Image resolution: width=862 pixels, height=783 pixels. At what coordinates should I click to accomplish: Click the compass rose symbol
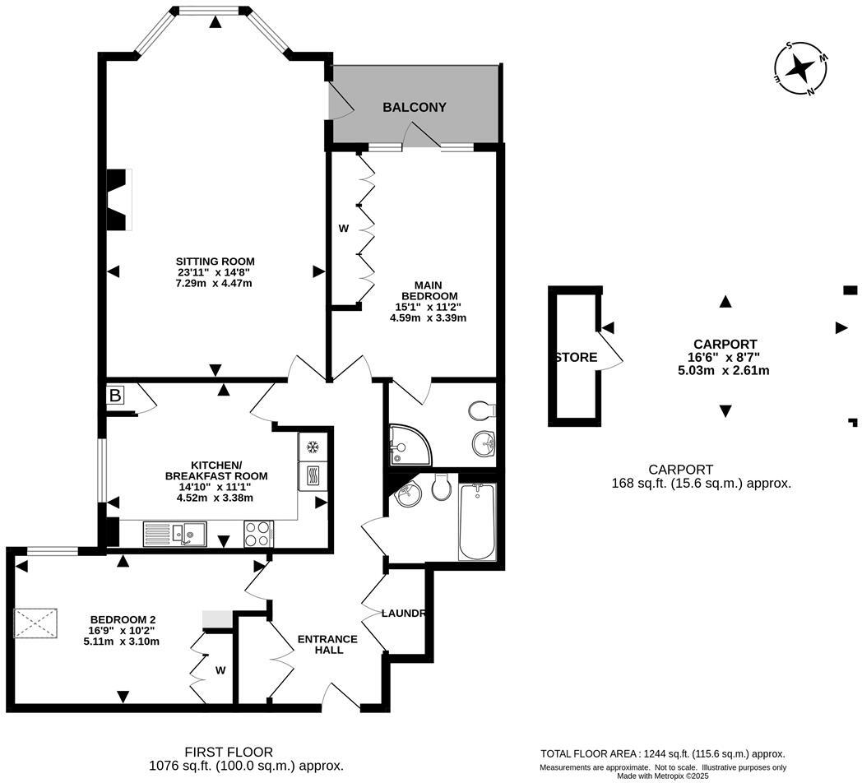click(800, 69)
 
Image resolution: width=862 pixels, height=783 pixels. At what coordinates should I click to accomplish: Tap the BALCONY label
click(415, 108)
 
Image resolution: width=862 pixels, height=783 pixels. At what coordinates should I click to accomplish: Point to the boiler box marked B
click(116, 396)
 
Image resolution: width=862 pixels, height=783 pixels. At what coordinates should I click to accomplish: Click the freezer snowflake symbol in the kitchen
click(313, 447)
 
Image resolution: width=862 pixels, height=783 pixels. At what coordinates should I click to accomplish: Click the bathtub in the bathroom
click(477, 521)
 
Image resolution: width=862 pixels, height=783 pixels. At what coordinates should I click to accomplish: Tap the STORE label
click(576, 358)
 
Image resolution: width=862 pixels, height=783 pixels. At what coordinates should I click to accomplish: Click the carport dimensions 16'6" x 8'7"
click(725, 357)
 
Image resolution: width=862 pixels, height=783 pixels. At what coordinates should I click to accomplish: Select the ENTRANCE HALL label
click(327, 644)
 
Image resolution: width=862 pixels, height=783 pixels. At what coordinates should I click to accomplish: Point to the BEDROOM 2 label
click(123, 619)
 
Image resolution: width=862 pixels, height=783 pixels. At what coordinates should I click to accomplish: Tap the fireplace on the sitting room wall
click(120, 200)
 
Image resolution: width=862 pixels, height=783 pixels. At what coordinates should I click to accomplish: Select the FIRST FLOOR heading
click(228, 752)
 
